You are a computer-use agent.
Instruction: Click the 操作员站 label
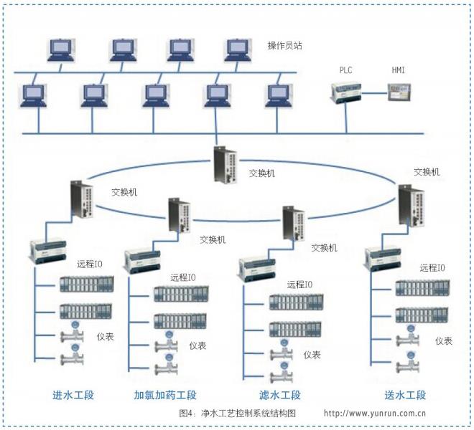click(285, 45)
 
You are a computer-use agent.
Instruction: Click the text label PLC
click(348, 70)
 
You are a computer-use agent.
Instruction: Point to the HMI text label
click(398, 70)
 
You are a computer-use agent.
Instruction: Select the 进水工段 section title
click(73, 395)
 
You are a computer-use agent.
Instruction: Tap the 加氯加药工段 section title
click(165, 395)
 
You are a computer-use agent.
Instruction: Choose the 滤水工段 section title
click(279, 395)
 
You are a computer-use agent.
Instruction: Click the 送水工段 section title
click(406, 395)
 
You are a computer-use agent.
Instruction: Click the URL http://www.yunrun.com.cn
click(376, 414)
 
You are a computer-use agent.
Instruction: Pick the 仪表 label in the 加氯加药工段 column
click(197, 346)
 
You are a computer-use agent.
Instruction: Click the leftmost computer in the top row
click(60, 49)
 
